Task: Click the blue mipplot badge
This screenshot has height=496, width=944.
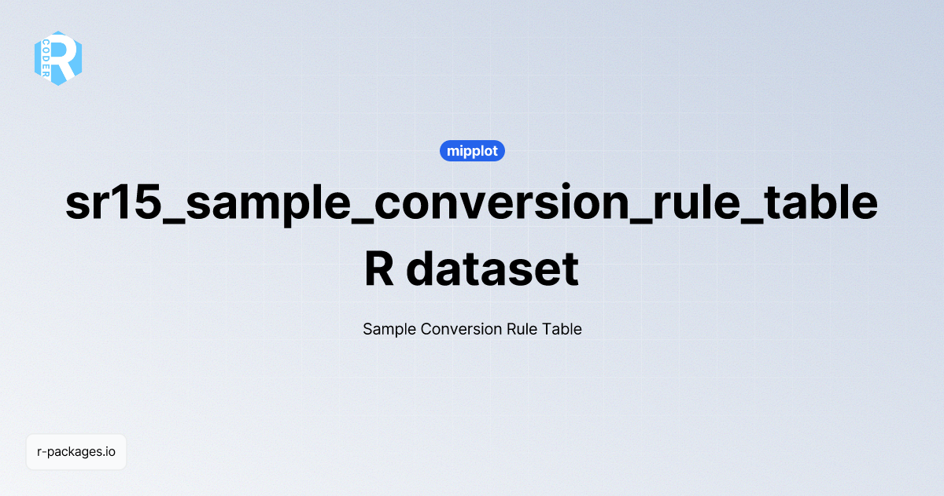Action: click(472, 151)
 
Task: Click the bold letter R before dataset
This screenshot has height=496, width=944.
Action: click(379, 269)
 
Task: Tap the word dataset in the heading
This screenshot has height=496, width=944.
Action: click(493, 269)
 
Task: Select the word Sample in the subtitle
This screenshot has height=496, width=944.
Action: click(389, 329)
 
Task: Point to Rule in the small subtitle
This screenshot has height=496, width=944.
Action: click(520, 329)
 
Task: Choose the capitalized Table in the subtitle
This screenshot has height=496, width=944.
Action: click(562, 329)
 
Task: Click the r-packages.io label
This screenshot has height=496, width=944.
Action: click(76, 452)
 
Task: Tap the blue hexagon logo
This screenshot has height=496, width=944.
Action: click(58, 57)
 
